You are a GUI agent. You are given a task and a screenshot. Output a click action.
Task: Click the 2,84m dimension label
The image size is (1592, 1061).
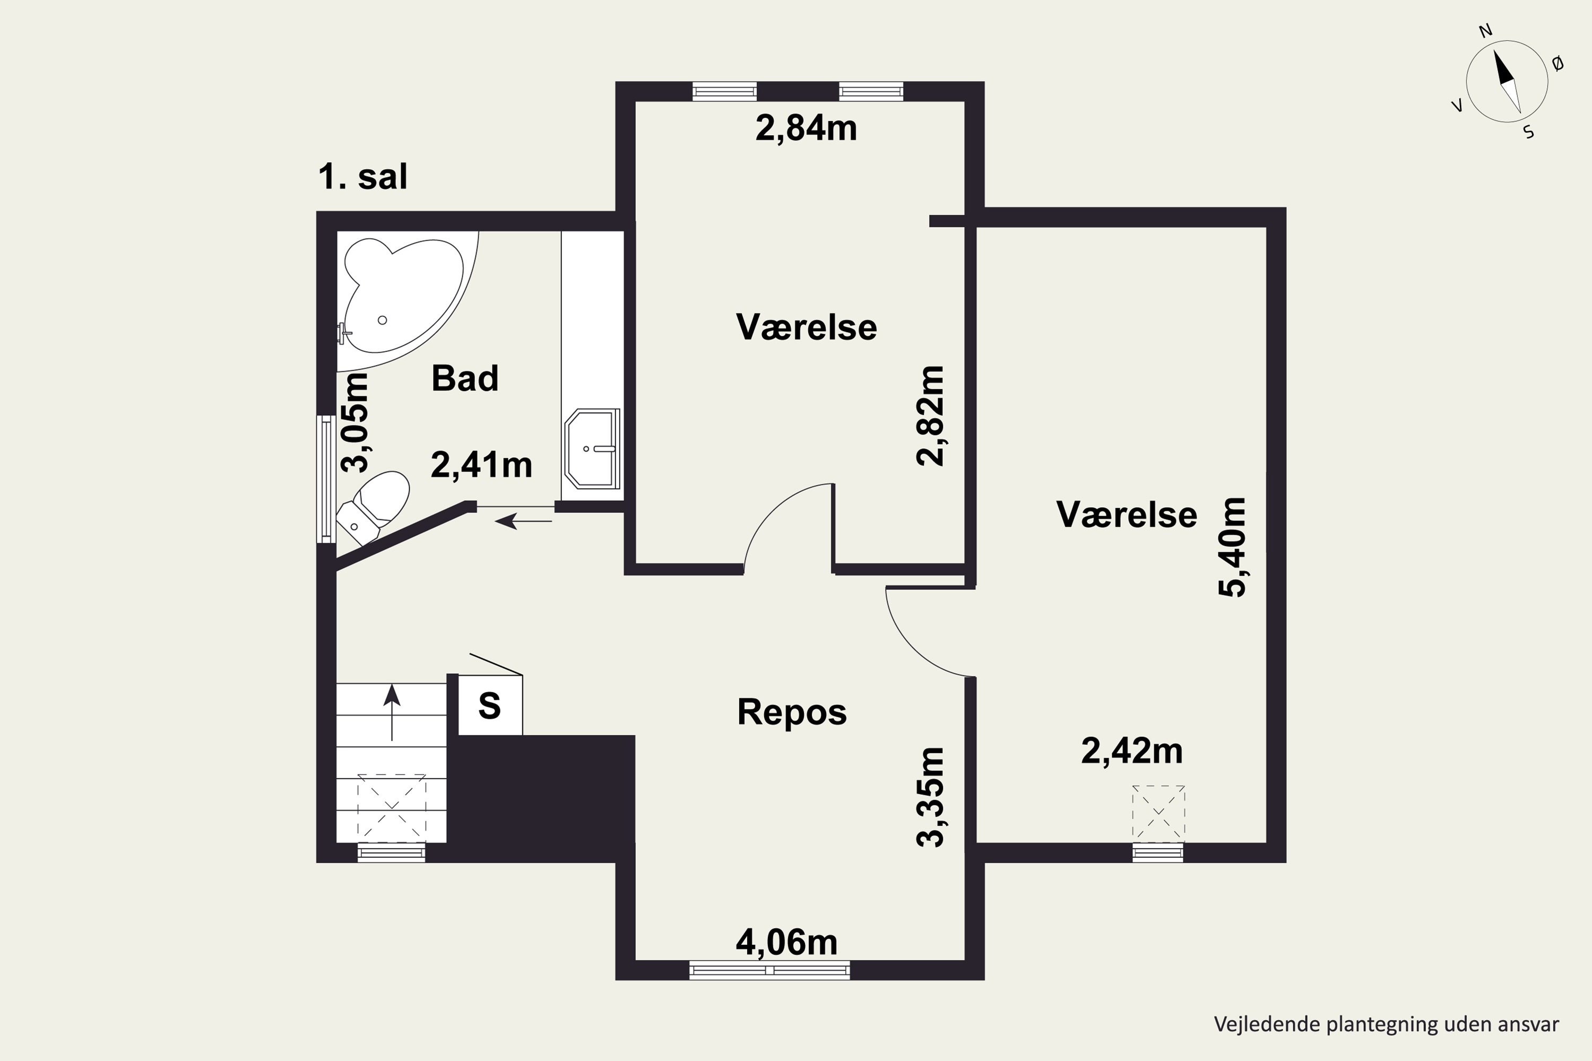coord(806,128)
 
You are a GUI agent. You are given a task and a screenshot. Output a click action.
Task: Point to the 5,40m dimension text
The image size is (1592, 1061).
coord(1231,547)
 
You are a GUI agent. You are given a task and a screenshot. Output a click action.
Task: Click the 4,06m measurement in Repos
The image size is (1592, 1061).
coord(786,942)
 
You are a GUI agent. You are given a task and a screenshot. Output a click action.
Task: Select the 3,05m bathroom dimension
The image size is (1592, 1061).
coord(354,422)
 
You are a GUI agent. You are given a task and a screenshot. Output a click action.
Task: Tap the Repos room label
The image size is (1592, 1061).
coord(791,712)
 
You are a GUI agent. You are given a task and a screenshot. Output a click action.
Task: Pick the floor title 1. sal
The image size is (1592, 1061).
coord(363,177)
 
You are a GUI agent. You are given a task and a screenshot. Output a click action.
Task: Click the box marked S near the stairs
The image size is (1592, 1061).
coord(490,706)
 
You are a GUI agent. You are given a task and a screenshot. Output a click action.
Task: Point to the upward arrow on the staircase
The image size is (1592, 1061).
coord(392,710)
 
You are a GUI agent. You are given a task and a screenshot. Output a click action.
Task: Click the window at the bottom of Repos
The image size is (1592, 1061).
coord(769,970)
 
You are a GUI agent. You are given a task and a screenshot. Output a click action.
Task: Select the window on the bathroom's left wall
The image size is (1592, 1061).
coord(327,479)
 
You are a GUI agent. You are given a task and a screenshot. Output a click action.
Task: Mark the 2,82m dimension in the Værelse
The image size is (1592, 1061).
coord(929,415)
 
